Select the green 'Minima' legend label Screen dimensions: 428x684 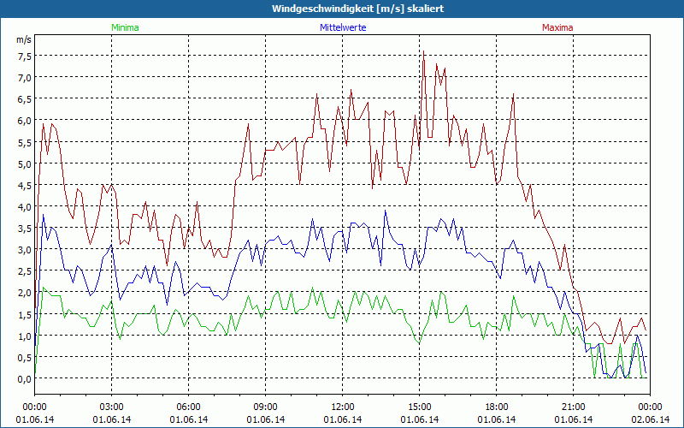point(125,27)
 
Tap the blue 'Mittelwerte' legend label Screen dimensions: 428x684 point(341,27)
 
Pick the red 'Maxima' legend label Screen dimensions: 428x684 point(557,27)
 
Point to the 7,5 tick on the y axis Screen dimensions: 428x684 point(24,56)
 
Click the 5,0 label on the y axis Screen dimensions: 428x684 point(24,163)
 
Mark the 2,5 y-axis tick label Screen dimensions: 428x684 point(24,270)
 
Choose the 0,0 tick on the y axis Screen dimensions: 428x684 point(24,378)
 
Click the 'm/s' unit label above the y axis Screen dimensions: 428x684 point(24,39)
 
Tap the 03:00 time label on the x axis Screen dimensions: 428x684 point(112,407)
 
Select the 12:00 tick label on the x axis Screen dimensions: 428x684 point(343,407)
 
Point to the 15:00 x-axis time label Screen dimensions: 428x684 point(420,407)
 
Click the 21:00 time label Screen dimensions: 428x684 point(574,407)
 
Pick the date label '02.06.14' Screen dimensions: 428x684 point(650,419)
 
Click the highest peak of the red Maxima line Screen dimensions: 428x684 point(423,52)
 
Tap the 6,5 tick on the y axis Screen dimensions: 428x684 point(24,98)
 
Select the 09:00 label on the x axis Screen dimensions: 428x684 point(266,407)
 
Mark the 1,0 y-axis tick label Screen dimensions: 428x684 point(24,336)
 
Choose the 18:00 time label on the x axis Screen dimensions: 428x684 point(497,407)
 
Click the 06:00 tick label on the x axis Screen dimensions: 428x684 point(189,407)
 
